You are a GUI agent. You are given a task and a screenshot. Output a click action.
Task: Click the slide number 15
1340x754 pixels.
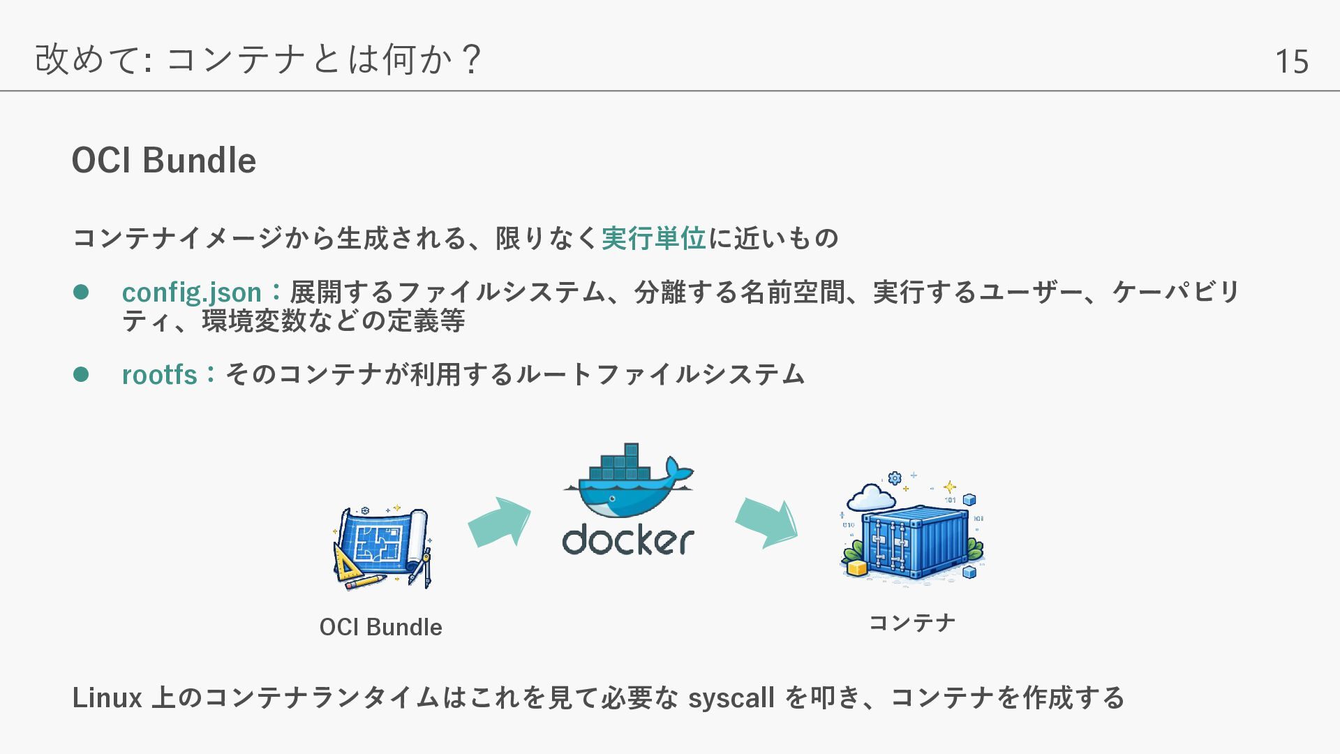(1291, 61)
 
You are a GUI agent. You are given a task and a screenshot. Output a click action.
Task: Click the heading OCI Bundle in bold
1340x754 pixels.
(164, 161)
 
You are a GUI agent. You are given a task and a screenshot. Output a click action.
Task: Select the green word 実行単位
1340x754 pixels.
(653, 239)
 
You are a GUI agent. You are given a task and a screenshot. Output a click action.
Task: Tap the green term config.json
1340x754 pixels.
(192, 293)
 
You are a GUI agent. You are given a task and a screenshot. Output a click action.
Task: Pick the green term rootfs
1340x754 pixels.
(160, 375)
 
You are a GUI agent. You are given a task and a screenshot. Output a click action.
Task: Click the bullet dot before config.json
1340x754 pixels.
(81, 292)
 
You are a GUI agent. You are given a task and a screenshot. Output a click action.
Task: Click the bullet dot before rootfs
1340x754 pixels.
(81, 374)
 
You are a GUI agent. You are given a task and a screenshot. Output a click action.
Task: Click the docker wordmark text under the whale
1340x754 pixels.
(628, 540)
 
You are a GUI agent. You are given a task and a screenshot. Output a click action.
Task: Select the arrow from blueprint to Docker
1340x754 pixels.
(499, 522)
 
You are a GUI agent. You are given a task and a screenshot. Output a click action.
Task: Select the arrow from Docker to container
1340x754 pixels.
(766, 522)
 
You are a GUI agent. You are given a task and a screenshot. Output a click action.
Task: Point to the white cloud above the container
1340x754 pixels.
(871, 498)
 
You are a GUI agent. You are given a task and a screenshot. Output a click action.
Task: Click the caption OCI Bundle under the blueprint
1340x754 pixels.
(380, 627)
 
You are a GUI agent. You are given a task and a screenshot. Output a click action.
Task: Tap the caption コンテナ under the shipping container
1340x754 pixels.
(911, 623)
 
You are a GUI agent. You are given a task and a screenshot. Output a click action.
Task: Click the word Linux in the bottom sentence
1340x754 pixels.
(107, 698)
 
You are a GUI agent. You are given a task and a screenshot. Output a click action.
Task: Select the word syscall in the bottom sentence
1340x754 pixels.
(731, 698)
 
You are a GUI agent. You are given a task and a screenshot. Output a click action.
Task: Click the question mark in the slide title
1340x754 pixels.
(472, 59)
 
